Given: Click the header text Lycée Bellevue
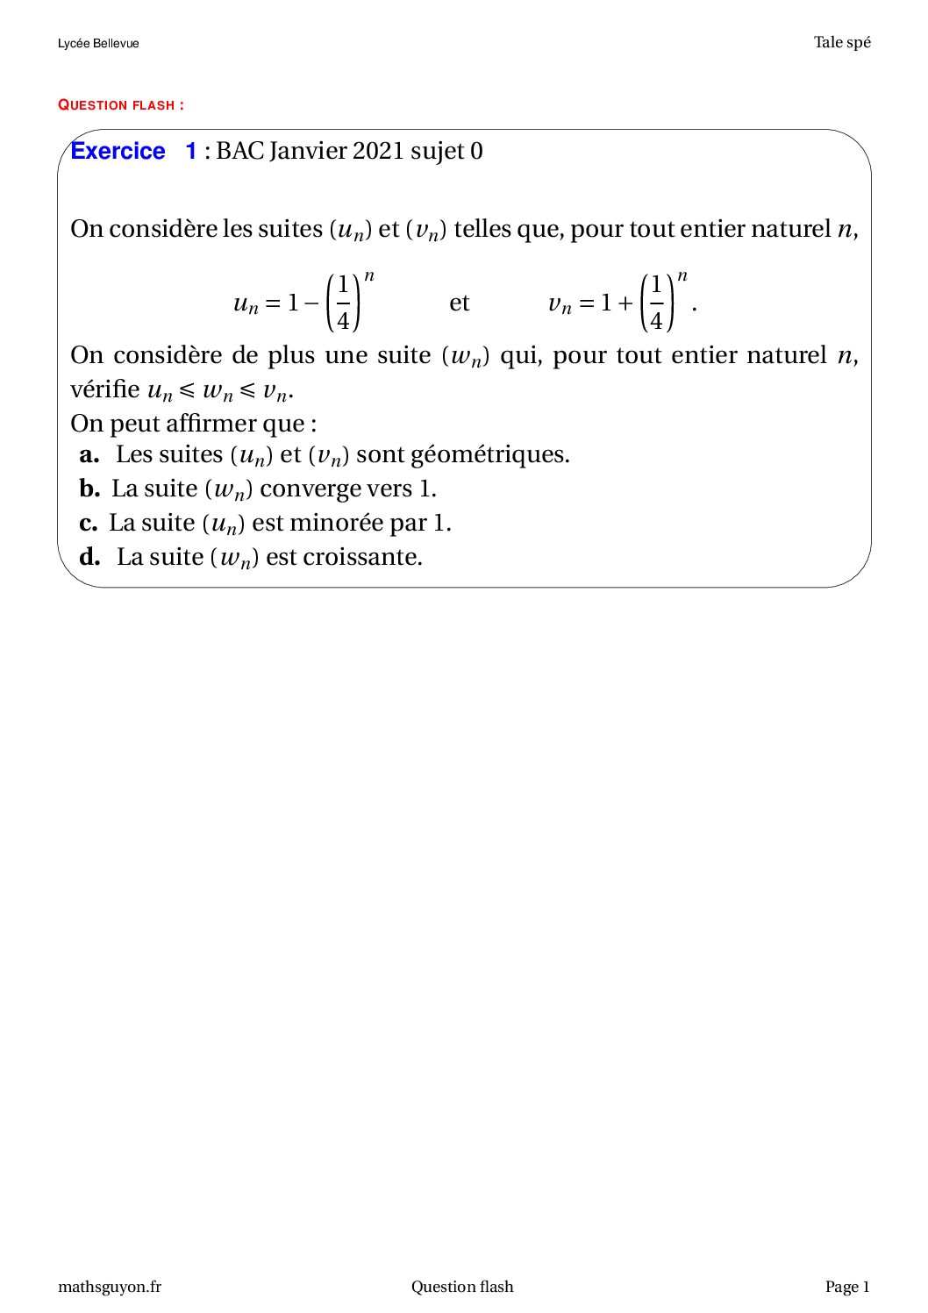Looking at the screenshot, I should [98, 43].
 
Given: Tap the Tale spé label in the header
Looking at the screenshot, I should [842, 42].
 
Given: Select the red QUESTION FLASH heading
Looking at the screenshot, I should [121, 105].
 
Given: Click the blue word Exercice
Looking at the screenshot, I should [118, 151].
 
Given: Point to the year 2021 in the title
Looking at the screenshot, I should [378, 151].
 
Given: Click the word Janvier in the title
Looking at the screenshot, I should [308, 151].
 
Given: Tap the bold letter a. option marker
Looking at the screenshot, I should [89, 454].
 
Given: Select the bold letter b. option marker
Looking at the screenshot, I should [89, 489].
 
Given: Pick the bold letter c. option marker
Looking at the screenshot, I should [88, 523].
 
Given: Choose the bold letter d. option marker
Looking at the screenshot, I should [89, 557].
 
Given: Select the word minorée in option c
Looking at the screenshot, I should [336, 523].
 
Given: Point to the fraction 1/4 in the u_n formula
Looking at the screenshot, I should [343, 303].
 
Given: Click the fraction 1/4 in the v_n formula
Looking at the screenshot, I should [656, 303].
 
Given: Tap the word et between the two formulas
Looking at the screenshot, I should [460, 303].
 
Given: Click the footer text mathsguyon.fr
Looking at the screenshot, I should [110, 1287].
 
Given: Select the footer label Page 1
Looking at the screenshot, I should [847, 1287].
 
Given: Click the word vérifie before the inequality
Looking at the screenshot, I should [105, 389].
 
